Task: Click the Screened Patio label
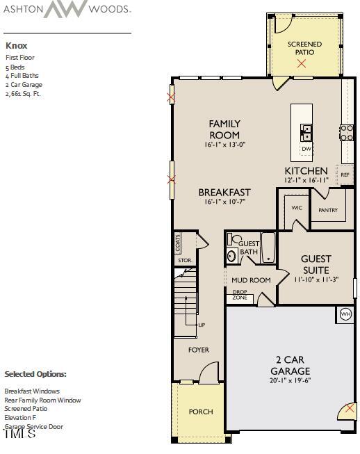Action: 304,48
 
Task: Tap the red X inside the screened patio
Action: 301,63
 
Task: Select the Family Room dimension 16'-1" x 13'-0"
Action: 224,145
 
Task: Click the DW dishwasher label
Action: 306,149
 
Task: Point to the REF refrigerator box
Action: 345,175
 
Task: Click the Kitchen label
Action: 306,170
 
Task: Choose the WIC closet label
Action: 297,208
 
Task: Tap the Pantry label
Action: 327,210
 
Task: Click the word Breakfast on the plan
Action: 224,193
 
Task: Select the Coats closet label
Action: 178,242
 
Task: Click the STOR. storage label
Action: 183,261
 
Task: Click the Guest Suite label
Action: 316,264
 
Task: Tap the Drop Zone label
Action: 240,295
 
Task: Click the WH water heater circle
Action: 345,314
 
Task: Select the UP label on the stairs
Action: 202,325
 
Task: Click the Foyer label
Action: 199,350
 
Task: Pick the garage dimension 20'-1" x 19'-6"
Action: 290,382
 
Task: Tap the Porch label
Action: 201,412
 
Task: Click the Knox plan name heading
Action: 16,46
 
